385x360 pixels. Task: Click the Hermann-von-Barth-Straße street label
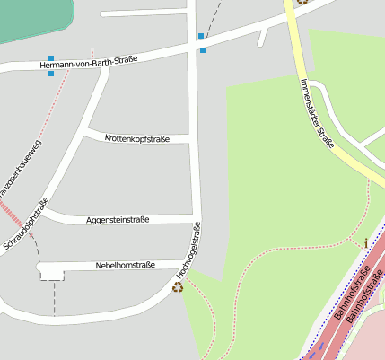pos(90,63)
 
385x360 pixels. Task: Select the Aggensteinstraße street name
pos(118,219)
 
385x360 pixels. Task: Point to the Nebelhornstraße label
pos(126,266)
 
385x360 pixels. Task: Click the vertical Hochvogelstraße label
pos(189,249)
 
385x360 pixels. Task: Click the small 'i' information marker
pos(366,242)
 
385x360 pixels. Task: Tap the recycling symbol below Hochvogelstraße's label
pos(178,287)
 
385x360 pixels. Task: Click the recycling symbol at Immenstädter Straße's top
pos(302,2)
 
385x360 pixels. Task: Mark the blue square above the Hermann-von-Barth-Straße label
pos(201,36)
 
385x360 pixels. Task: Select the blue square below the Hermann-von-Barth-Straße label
pos(51,74)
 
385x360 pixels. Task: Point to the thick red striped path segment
pos(11,214)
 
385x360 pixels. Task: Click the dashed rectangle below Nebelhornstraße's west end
pos(52,275)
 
